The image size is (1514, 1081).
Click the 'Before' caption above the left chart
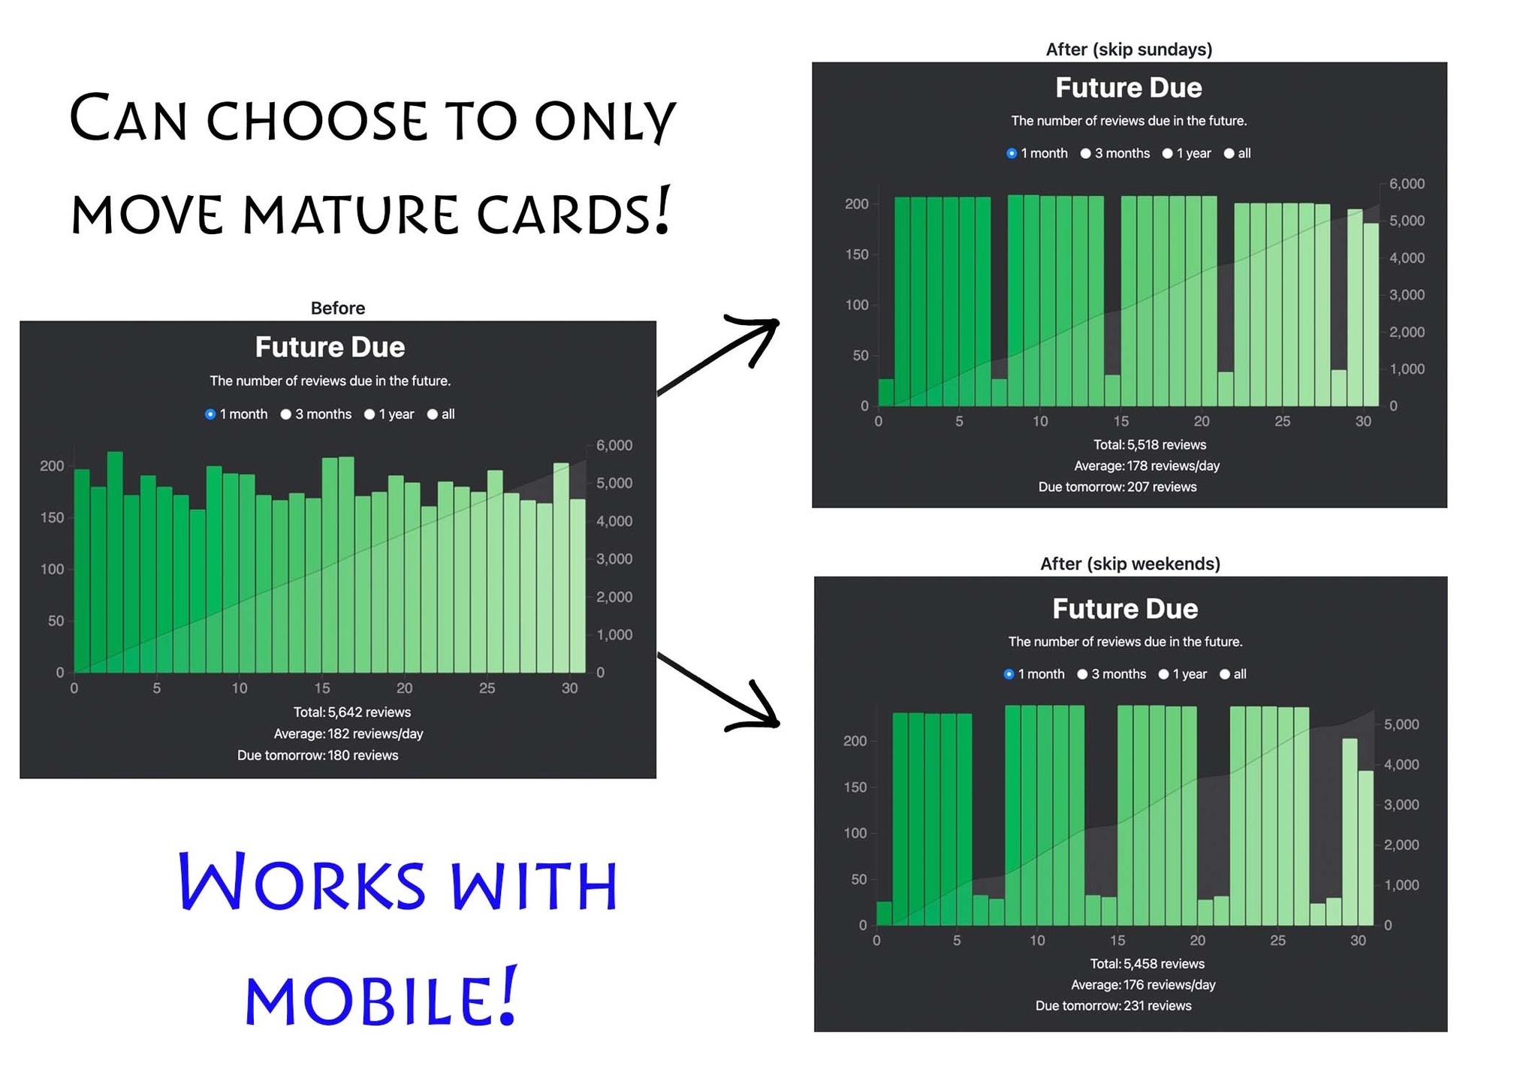point(338,309)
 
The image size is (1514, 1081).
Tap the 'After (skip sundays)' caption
point(1129,50)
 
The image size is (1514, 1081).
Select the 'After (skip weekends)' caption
point(1130,564)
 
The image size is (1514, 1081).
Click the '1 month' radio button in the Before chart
point(210,414)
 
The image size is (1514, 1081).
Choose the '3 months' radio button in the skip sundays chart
point(1085,154)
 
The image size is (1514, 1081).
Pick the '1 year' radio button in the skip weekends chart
point(1163,675)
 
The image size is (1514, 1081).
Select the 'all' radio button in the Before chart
point(433,414)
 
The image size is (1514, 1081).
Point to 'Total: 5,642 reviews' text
point(352,712)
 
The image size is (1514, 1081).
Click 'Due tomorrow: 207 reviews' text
point(1117,487)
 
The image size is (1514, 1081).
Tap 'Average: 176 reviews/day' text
point(1143,985)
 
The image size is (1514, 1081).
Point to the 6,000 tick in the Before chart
point(614,446)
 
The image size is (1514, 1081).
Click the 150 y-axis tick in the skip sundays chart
point(857,254)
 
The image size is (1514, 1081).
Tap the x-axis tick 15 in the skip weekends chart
point(1117,941)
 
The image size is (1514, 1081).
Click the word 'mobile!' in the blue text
point(381,997)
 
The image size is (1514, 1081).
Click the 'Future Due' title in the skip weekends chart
point(1125,609)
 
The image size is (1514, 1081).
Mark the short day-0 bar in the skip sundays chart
point(886,393)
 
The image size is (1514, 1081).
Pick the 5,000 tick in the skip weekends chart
point(1401,725)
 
